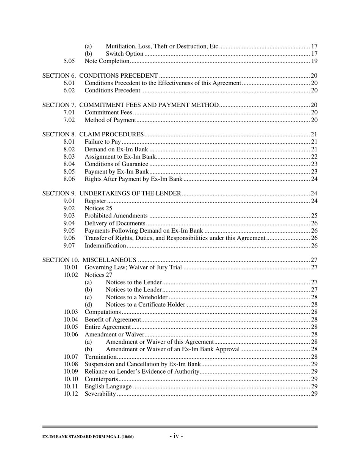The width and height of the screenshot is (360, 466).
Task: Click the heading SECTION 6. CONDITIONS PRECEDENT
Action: pos(100,75)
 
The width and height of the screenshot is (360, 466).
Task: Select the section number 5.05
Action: pos(69,61)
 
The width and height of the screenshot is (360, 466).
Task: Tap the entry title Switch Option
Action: pos(124,53)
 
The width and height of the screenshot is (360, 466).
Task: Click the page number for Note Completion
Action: pos(314,61)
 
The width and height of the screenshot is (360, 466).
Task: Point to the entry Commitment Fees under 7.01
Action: pos(108,113)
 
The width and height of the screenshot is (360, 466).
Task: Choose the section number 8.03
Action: pos(69,156)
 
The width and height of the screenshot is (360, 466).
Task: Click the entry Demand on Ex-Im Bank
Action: pos(116,149)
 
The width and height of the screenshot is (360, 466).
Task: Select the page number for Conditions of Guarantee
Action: pos(314,164)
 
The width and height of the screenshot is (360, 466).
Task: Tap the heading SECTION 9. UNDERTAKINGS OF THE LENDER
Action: pos(111,194)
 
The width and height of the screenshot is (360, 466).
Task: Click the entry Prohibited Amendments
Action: pos(116,216)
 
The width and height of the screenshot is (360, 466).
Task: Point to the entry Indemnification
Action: pos(105,246)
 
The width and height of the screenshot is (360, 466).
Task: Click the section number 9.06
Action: pos(69,238)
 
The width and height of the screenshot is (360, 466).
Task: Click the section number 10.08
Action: pos(70,364)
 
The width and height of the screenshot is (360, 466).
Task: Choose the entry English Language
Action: pos(108,386)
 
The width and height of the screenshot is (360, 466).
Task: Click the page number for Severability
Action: pos(314,394)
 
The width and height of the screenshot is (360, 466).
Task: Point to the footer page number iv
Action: pos(176,436)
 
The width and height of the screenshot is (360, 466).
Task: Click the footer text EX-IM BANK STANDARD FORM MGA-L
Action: pos(88,437)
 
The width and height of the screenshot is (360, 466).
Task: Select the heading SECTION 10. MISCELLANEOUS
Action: pos(89,260)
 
